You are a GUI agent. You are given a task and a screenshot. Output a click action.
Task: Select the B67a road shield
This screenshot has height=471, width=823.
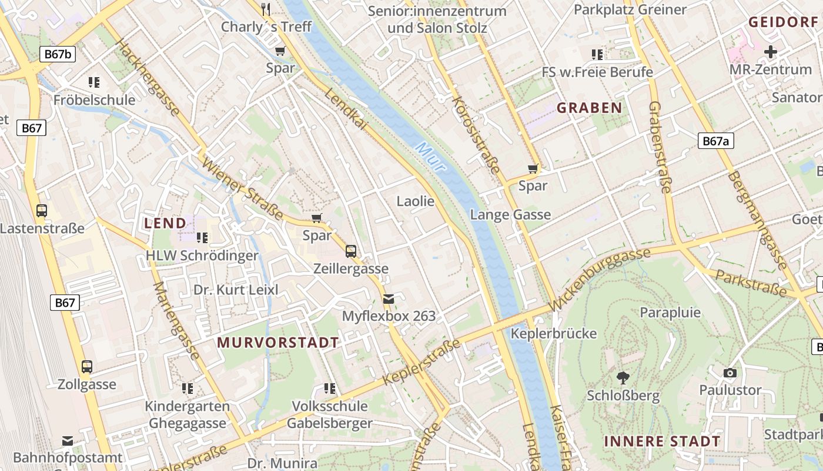tap(716, 141)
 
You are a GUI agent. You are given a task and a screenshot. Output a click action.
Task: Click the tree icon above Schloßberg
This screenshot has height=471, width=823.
tap(623, 377)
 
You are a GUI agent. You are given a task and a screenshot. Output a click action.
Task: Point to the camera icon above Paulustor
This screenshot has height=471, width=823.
tap(730, 373)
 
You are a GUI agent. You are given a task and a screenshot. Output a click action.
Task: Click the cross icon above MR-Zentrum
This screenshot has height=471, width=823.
tap(770, 52)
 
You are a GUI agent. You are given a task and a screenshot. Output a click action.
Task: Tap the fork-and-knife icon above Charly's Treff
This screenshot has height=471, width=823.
tap(266, 9)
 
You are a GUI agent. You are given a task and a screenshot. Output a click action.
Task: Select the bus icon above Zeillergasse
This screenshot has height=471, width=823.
tap(351, 251)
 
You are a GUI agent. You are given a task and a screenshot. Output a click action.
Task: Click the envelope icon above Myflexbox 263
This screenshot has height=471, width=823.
tap(389, 299)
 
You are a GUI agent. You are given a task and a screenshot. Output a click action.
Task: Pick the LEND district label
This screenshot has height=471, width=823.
tap(165, 223)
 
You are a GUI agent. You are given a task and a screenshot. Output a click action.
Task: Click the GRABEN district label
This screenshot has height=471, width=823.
tap(589, 108)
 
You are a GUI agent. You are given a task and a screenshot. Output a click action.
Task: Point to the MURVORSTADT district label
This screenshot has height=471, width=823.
tap(278, 343)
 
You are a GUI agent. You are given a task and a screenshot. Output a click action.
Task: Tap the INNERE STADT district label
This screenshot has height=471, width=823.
tap(662, 442)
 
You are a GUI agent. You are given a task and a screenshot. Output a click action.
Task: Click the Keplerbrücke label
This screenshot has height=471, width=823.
tap(554, 334)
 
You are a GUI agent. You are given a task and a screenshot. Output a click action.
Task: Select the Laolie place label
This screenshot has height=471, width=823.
tap(416, 201)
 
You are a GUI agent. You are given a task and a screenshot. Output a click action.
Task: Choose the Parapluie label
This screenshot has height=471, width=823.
tap(670, 312)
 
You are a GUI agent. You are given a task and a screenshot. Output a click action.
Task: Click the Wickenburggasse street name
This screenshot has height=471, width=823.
tap(600, 279)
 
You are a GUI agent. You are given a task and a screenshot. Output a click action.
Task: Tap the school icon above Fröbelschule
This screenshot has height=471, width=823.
tap(94, 82)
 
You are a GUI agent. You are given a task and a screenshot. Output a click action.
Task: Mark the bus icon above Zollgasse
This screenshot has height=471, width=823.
tap(87, 367)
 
